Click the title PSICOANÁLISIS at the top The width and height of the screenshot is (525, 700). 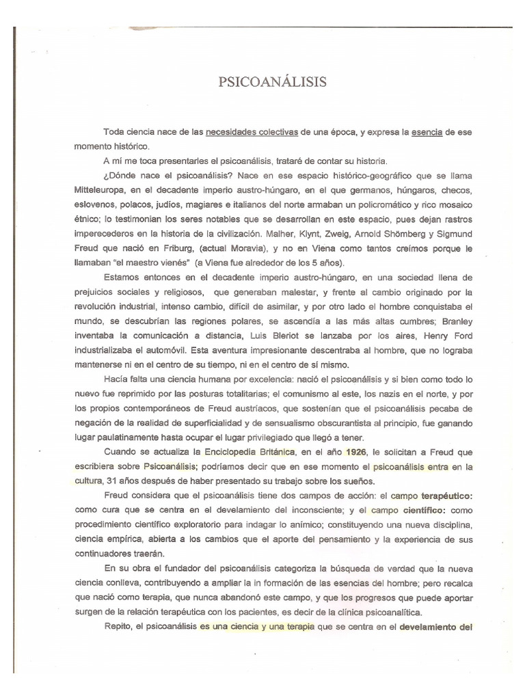(x=262, y=83)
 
